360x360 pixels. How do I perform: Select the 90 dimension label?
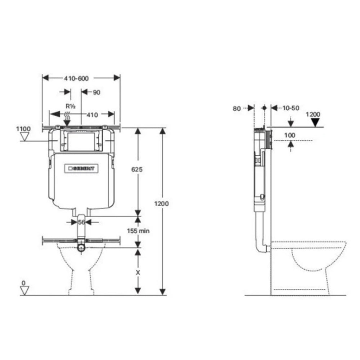pos(96,93)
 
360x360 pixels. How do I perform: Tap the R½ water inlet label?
pos(70,106)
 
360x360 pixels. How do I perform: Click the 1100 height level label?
pos(23,129)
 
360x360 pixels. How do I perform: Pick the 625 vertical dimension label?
pos(138,169)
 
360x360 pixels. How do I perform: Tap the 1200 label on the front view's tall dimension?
pos(162,203)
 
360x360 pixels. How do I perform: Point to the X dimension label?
pos(138,273)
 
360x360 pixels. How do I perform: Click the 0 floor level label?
pos(23,283)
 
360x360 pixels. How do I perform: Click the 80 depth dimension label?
pos(237,108)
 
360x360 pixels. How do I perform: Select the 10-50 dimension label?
pos(291,108)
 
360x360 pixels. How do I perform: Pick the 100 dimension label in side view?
pos(289,135)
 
